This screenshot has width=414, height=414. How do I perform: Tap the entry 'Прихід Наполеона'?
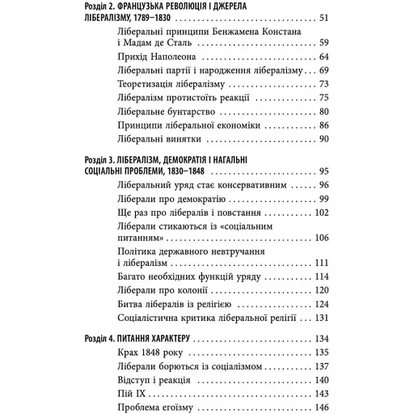point(144,58)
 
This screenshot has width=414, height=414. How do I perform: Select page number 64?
point(323,58)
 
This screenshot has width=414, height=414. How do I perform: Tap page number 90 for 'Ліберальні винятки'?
point(323,139)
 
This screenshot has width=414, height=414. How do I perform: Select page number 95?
point(323,172)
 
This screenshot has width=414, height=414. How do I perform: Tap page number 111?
point(320,264)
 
